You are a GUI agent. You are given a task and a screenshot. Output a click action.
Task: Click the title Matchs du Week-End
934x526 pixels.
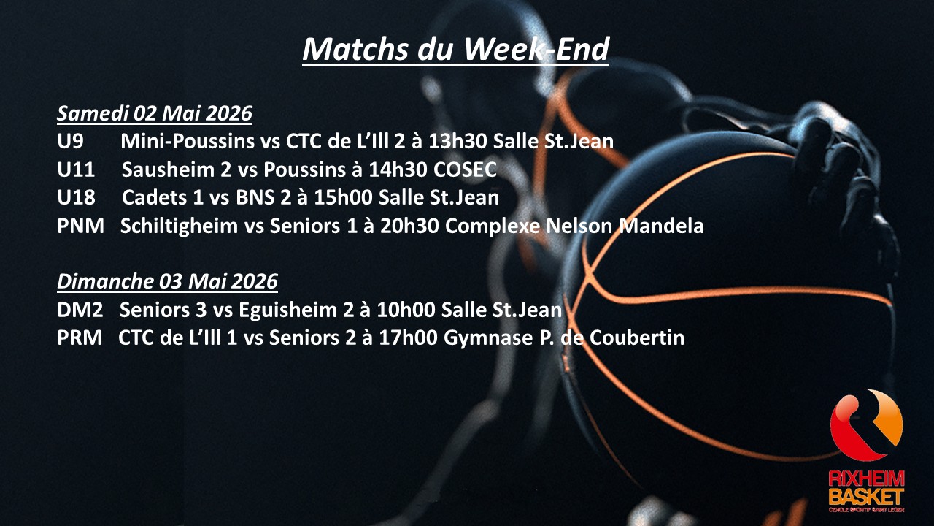pyautogui.click(x=455, y=50)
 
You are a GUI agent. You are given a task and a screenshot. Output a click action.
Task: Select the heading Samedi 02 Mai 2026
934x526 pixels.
pyautogui.click(x=155, y=114)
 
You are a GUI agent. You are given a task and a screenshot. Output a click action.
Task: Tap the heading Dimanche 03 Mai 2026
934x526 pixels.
pyautogui.click(x=168, y=281)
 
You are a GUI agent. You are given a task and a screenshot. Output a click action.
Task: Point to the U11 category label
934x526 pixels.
pyautogui.click(x=76, y=170)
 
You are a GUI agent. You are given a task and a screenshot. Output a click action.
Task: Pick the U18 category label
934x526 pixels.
pyautogui.click(x=76, y=198)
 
